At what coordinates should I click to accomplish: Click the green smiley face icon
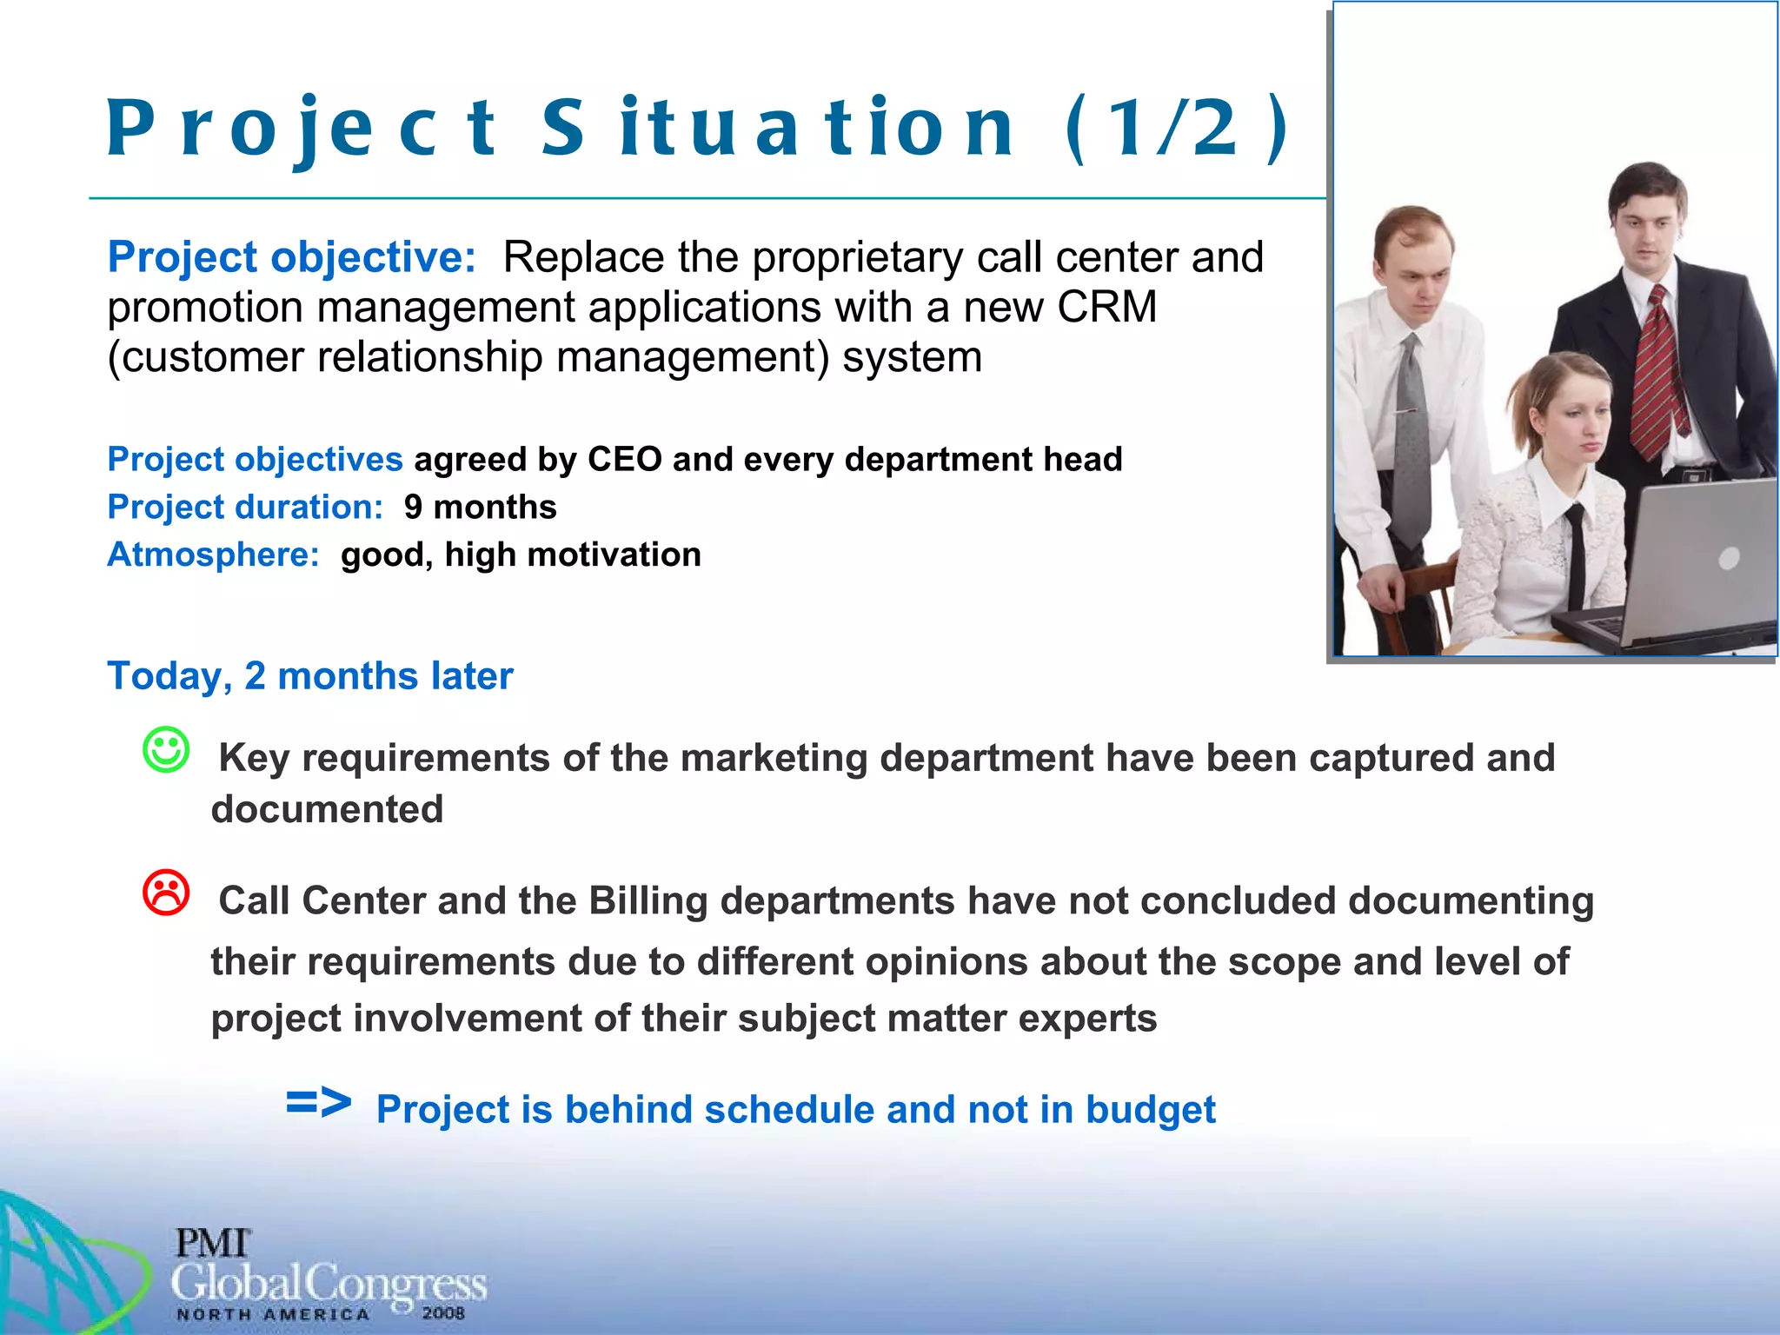click(x=165, y=749)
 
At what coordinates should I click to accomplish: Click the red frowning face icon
click(x=165, y=893)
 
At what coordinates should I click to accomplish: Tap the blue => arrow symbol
click(x=318, y=1103)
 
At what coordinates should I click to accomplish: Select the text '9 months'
click(x=480, y=507)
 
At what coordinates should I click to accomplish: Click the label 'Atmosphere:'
click(x=213, y=555)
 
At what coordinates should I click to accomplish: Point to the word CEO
click(x=624, y=459)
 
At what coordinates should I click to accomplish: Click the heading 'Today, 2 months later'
click(x=309, y=676)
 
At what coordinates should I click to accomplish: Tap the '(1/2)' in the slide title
click(x=1177, y=129)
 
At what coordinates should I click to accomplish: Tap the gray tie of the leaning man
click(x=1411, y=435)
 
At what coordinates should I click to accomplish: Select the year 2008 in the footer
click(x=443, y=1313)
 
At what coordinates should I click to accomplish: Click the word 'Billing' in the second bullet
click(x=648, y=900)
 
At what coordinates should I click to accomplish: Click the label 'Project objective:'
click(x=291, y=257)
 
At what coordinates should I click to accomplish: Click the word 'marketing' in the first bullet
click(x=774, y=758)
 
